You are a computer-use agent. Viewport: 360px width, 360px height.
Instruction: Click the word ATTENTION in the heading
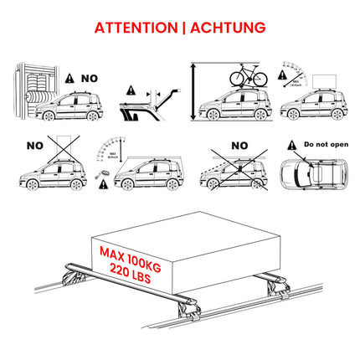(134, 28)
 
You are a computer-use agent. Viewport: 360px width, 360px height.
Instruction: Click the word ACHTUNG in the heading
(226, 28)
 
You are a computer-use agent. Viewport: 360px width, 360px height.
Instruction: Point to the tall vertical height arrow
(194, 92)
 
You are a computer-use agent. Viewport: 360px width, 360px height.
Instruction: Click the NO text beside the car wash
(88, 78)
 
